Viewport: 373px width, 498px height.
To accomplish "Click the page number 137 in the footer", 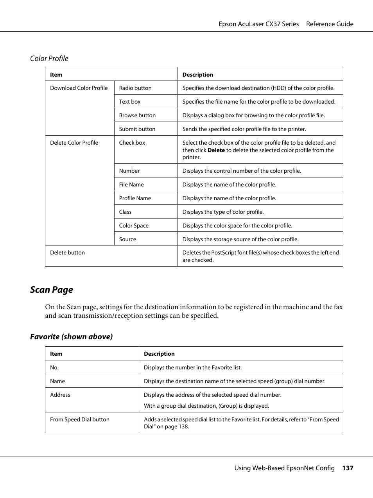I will [348, 468].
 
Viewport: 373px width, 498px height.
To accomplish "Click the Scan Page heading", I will [52, 290].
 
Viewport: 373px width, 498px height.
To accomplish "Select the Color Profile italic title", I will [49, 59].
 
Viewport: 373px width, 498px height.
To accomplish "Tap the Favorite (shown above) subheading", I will [72, 337].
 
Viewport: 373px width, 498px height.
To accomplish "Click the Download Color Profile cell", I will [79, 88].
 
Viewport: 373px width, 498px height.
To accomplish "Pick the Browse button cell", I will [137, 115].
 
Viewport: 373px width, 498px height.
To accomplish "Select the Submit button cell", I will [137, 129].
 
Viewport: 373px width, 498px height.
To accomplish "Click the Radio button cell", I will [135, 88].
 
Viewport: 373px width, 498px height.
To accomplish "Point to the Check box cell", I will [132, 143].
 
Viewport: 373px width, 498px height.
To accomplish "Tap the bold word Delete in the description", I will [216, 150].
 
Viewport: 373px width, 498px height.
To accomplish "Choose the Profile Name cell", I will [135, 198].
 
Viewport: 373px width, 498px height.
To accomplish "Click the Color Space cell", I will [134, 226].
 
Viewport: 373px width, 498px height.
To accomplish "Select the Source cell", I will [127, 239].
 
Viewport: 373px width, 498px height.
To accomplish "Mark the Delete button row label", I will [67, 253].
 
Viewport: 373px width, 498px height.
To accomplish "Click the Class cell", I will [125, 212].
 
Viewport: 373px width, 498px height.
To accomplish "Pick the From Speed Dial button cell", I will [80, 419].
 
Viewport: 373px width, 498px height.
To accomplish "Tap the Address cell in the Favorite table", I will [60, 395].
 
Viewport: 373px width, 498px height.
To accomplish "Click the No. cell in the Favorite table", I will [54, 367].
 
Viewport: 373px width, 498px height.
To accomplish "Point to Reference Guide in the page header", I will [330, 24].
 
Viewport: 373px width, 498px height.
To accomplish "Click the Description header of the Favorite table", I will [159, 354].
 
